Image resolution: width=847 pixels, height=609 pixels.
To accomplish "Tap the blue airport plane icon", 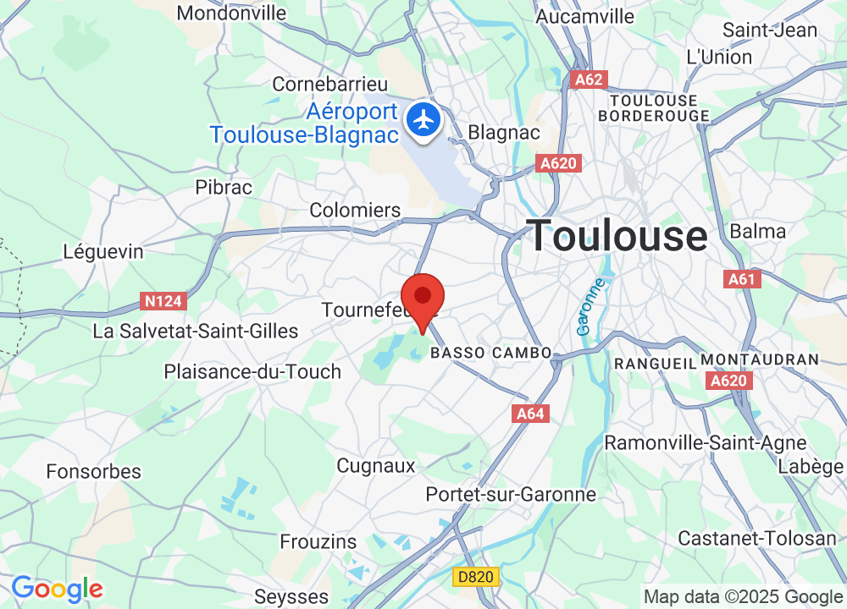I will click(423, 118).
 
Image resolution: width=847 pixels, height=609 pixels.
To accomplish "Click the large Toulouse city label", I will click(618, 235).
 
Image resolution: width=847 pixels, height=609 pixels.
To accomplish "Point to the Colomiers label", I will click(355, 210).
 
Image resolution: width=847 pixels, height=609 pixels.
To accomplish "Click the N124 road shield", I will click(163, 301).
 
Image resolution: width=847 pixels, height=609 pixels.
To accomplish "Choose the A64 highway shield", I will click(530, 414).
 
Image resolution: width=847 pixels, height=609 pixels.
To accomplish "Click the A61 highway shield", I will click(743, 278).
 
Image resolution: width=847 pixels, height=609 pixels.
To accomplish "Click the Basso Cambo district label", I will click(491, 353).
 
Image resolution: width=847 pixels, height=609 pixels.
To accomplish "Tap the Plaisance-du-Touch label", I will click(252, 371).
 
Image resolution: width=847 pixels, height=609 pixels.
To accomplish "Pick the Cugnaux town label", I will click(376, 465).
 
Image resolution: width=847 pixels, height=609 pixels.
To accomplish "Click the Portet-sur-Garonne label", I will click(512, 494).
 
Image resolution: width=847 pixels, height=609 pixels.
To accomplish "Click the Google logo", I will click(57, 589).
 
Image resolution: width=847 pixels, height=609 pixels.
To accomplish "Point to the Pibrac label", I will click(224, 187).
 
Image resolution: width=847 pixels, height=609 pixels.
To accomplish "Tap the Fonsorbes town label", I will click(94, 471).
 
